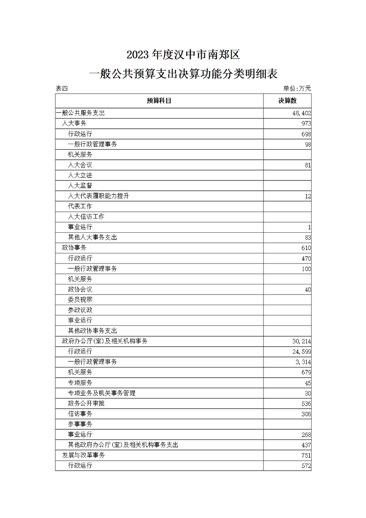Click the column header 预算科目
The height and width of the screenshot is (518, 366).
click(159, 101)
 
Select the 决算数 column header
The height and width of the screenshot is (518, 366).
click(287, 101)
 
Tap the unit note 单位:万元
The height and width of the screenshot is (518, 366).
click(297, 89)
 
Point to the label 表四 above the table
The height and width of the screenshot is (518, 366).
click(61, 89)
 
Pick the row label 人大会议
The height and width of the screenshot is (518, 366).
click(80, 165)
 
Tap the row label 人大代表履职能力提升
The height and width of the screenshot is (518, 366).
click(98, 196)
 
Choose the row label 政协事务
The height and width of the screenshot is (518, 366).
click(74, 248)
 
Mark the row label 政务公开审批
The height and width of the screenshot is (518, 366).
click(86, 403)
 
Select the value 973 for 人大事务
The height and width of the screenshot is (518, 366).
click(306, 123)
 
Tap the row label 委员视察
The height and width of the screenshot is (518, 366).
click(80, 300)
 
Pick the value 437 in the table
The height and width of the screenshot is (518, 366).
click(306, 445)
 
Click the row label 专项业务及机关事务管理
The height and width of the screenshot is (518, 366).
click(102, 393)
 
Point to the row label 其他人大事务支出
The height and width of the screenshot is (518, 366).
click(92, 237)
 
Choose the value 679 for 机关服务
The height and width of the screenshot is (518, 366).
click(306, 372)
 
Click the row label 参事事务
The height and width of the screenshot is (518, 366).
click(80, 424)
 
